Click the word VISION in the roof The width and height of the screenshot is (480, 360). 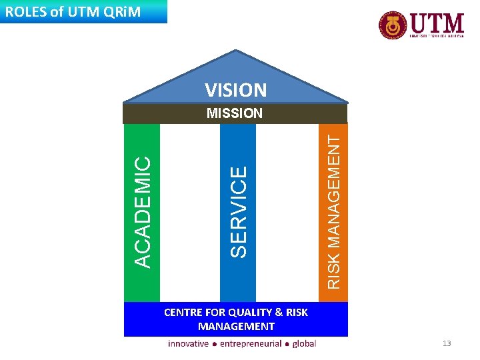pyautogui.click(x=235, y=90)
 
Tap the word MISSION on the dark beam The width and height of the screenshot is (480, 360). pyautogui.click(x=235, y=113)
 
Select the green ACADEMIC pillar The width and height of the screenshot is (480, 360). pyautogui.click(x=142, y=212)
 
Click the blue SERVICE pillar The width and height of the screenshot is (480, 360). pyautogui.click(x=238, y=212)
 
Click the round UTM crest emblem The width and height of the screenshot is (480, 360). pyautogui.click(x=393, y=25)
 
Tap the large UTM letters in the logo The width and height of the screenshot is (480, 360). pyautogui.click(x=437, y=23)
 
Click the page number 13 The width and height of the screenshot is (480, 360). pyautogui.click(x=447, y=343)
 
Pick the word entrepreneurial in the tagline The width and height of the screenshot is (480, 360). pyautogui.click(x=250, y=343)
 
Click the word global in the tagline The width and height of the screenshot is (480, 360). pyautogui.click(x=303, y=343)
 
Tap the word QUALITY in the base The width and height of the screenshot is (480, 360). pyautogui.click(x=250, y=312)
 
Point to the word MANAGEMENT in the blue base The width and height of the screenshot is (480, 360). pyautogui.click(x=236, y=326)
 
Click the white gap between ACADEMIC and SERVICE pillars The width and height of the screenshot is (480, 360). pyautogui.click(x=190, y=212)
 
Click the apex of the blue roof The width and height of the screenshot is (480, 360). pyautogui.click(x=236, y=52)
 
